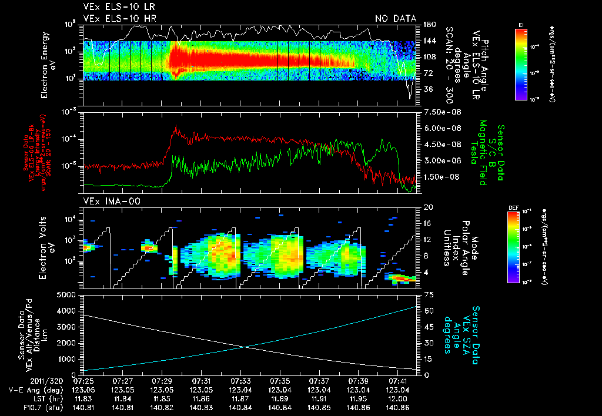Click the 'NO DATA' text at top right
tap(396, 19)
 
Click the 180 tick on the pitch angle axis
tap(428, 25)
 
